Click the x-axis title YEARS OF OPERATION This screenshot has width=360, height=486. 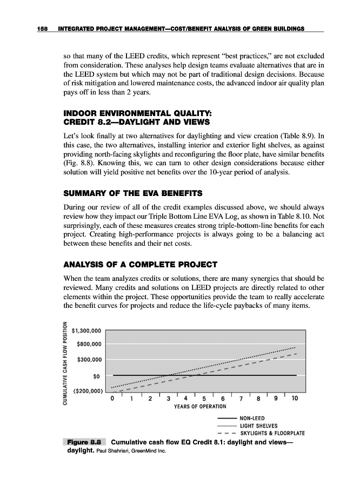(203, 406)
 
